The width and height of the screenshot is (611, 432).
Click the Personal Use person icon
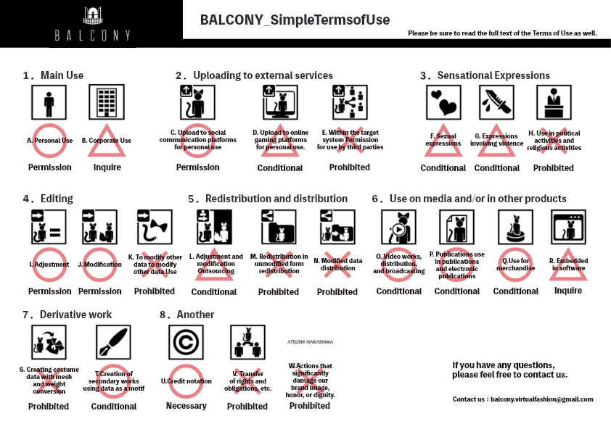49,103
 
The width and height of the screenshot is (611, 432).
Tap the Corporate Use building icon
106,103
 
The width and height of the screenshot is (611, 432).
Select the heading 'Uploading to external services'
254,75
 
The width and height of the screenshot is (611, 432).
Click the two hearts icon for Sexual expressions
443,103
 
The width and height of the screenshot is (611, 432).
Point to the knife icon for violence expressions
497,103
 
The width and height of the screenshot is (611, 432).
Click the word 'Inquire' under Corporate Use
107,167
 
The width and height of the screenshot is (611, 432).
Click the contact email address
542,399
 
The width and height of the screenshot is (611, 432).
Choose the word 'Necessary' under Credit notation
186,406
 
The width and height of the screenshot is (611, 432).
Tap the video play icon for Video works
398,227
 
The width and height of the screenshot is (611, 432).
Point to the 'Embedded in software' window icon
568,227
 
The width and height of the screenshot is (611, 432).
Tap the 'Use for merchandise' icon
515,227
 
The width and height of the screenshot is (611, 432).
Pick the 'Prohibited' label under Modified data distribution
337,291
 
